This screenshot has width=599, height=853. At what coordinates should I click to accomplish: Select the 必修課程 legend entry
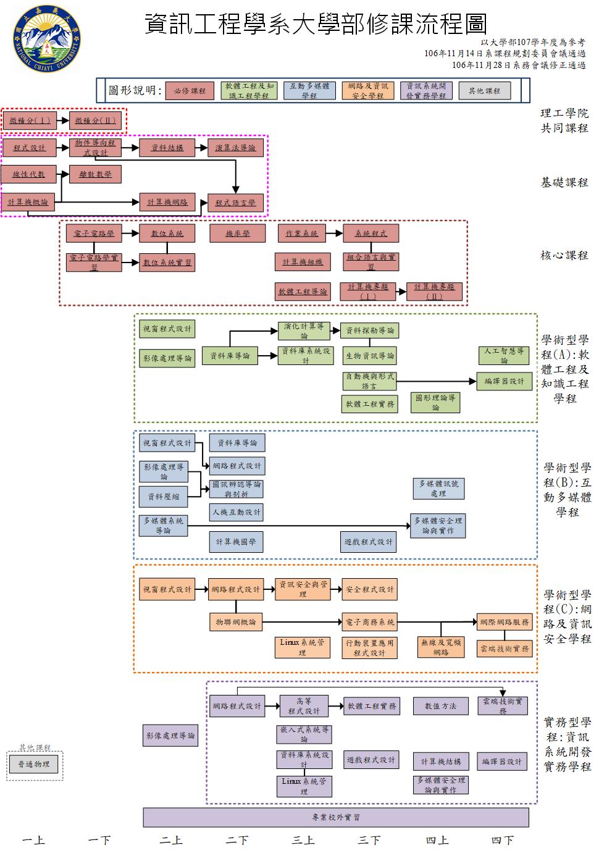(x=189, y=91)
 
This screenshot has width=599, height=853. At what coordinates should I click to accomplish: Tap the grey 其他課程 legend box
(x=484, y=91)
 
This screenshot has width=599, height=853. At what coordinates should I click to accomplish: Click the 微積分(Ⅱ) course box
(x=96, y=120)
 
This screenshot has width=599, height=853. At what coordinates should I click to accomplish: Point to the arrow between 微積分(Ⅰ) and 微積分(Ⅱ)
(x=63, y=120)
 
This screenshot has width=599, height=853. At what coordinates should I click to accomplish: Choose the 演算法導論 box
(x=235, y=148)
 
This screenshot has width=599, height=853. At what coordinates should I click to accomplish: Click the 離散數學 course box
(x=96, y=174)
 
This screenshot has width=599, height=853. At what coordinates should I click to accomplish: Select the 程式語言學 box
(x=235, y=203)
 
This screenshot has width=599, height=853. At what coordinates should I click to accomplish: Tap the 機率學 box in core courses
(x=238, y=233)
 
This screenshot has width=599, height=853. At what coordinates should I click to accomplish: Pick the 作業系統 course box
(x=302, y=233)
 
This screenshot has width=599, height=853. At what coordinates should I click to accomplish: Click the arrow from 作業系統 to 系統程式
(x=334, y=233)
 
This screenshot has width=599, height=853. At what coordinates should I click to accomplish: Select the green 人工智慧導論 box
(x=505, y=355)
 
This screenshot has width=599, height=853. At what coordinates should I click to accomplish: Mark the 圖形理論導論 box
(x=435, y=403)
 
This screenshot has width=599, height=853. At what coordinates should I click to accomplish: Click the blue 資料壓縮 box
(x=163, y=496)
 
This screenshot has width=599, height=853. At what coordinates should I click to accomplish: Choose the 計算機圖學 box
(x=236, y=542)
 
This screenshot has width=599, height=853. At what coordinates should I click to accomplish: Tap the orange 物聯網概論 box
(x=236, y=622)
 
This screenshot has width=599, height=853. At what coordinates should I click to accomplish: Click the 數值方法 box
(x=440, y=705)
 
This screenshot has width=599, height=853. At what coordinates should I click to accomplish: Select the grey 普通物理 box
(x=33, y=764)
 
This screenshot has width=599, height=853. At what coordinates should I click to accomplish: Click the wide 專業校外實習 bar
(x=336, y=817)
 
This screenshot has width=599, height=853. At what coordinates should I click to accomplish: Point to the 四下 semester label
(x=502, y=841)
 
